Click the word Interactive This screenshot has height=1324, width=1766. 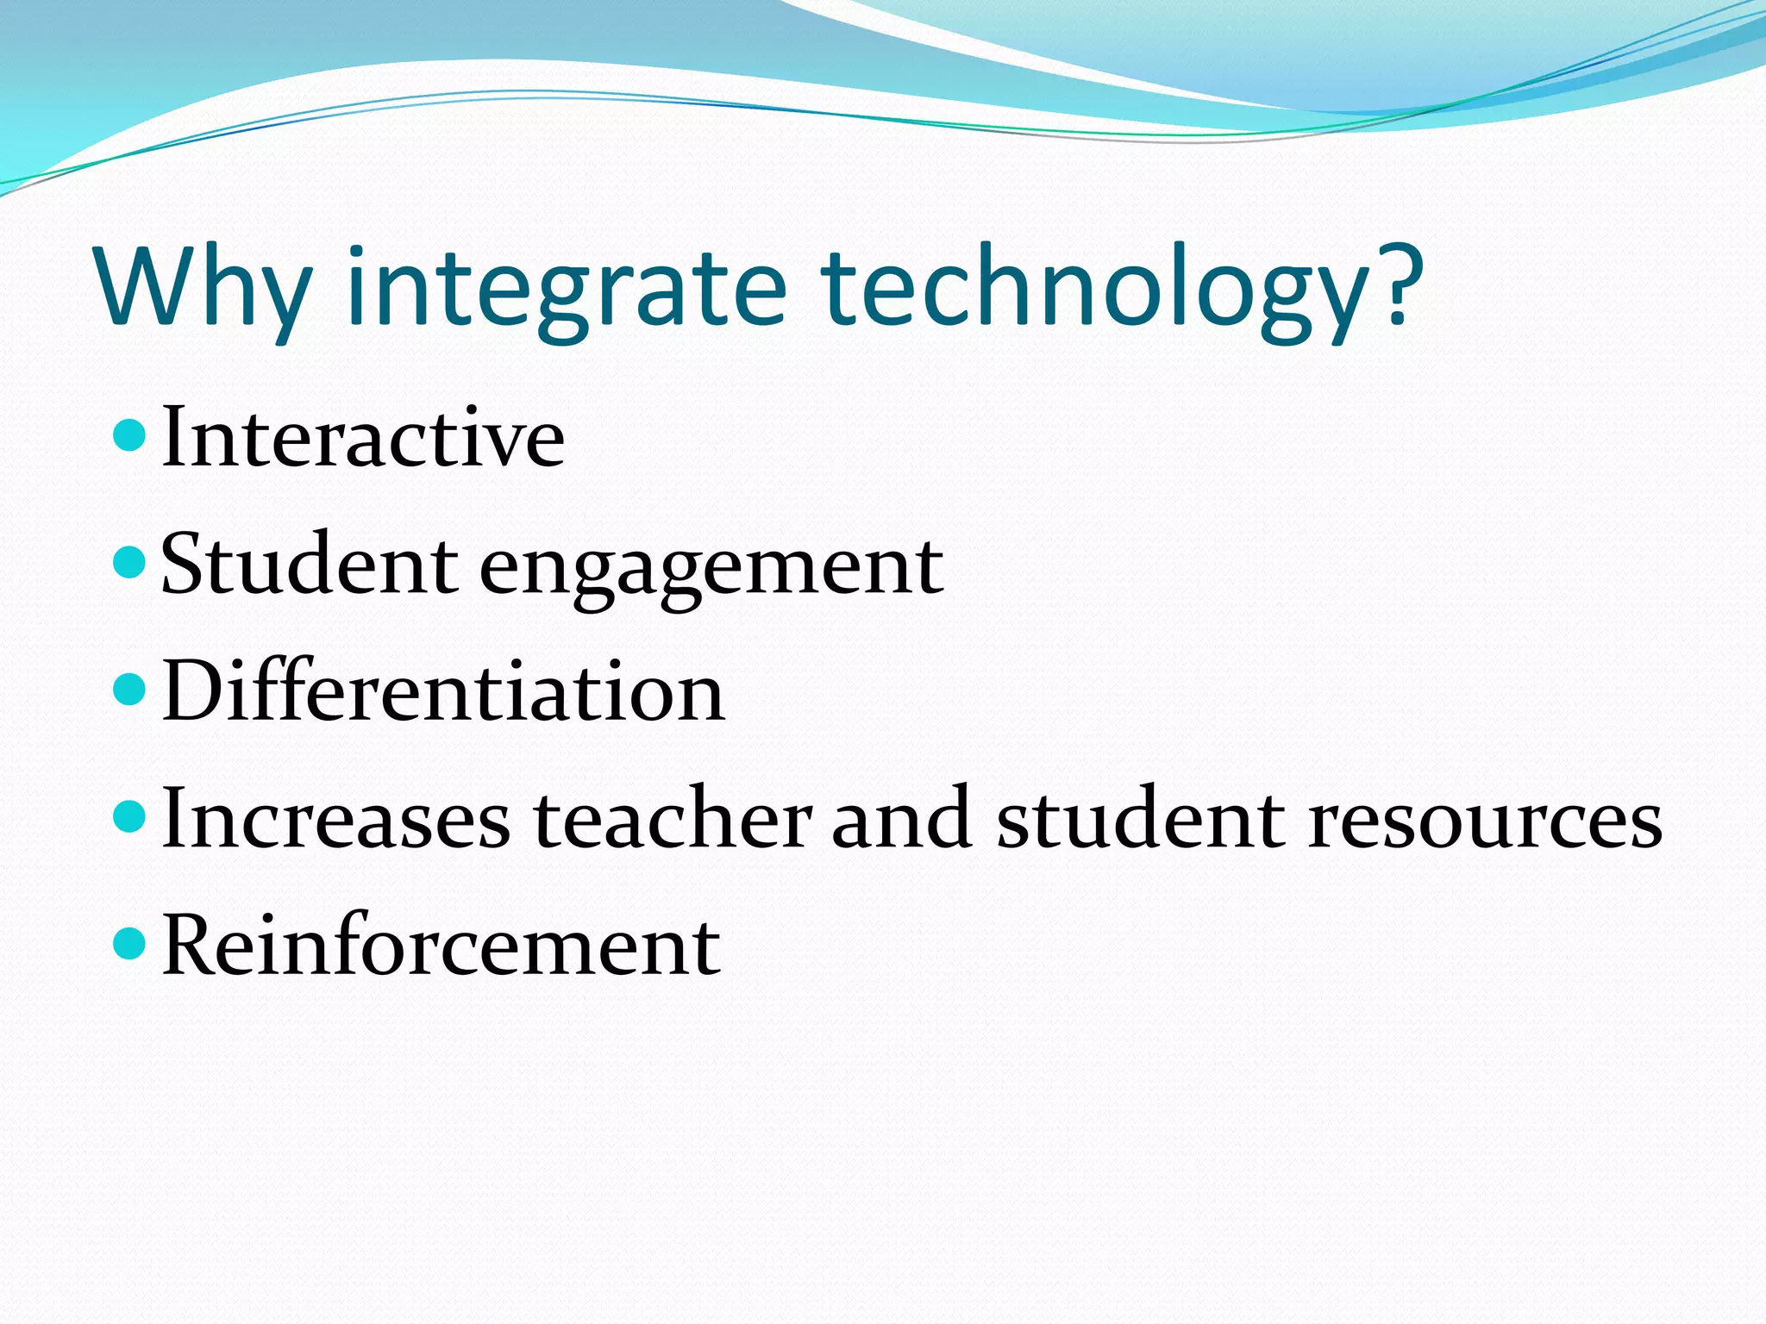[x=363, y=438]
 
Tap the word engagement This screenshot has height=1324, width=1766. [x=711, y=569]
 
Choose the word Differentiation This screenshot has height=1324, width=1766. [x=443, y=691]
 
